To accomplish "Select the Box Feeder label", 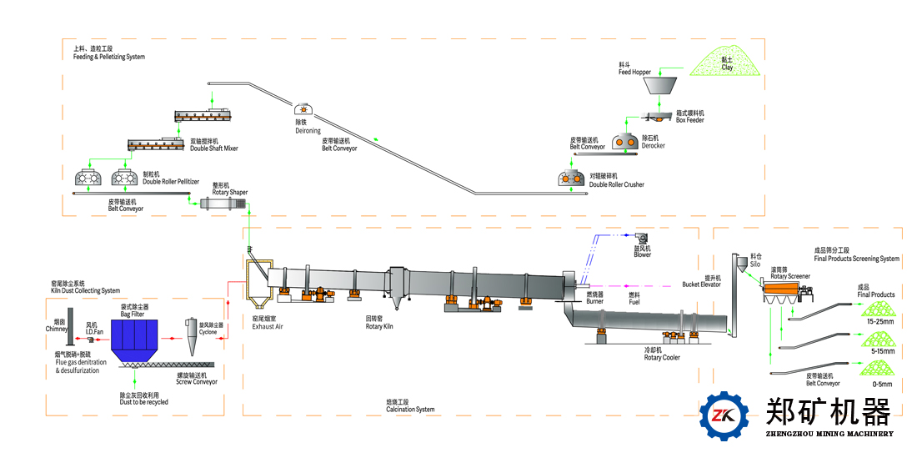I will click(689, 117).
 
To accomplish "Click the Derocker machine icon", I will click(626, 142).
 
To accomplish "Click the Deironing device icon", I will click(303, 109).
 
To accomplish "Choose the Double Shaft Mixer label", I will click(214, 145).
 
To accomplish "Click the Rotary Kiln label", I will click(379, 323).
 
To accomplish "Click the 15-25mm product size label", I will click(881, 321).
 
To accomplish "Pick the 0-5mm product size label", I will click(881, 384).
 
